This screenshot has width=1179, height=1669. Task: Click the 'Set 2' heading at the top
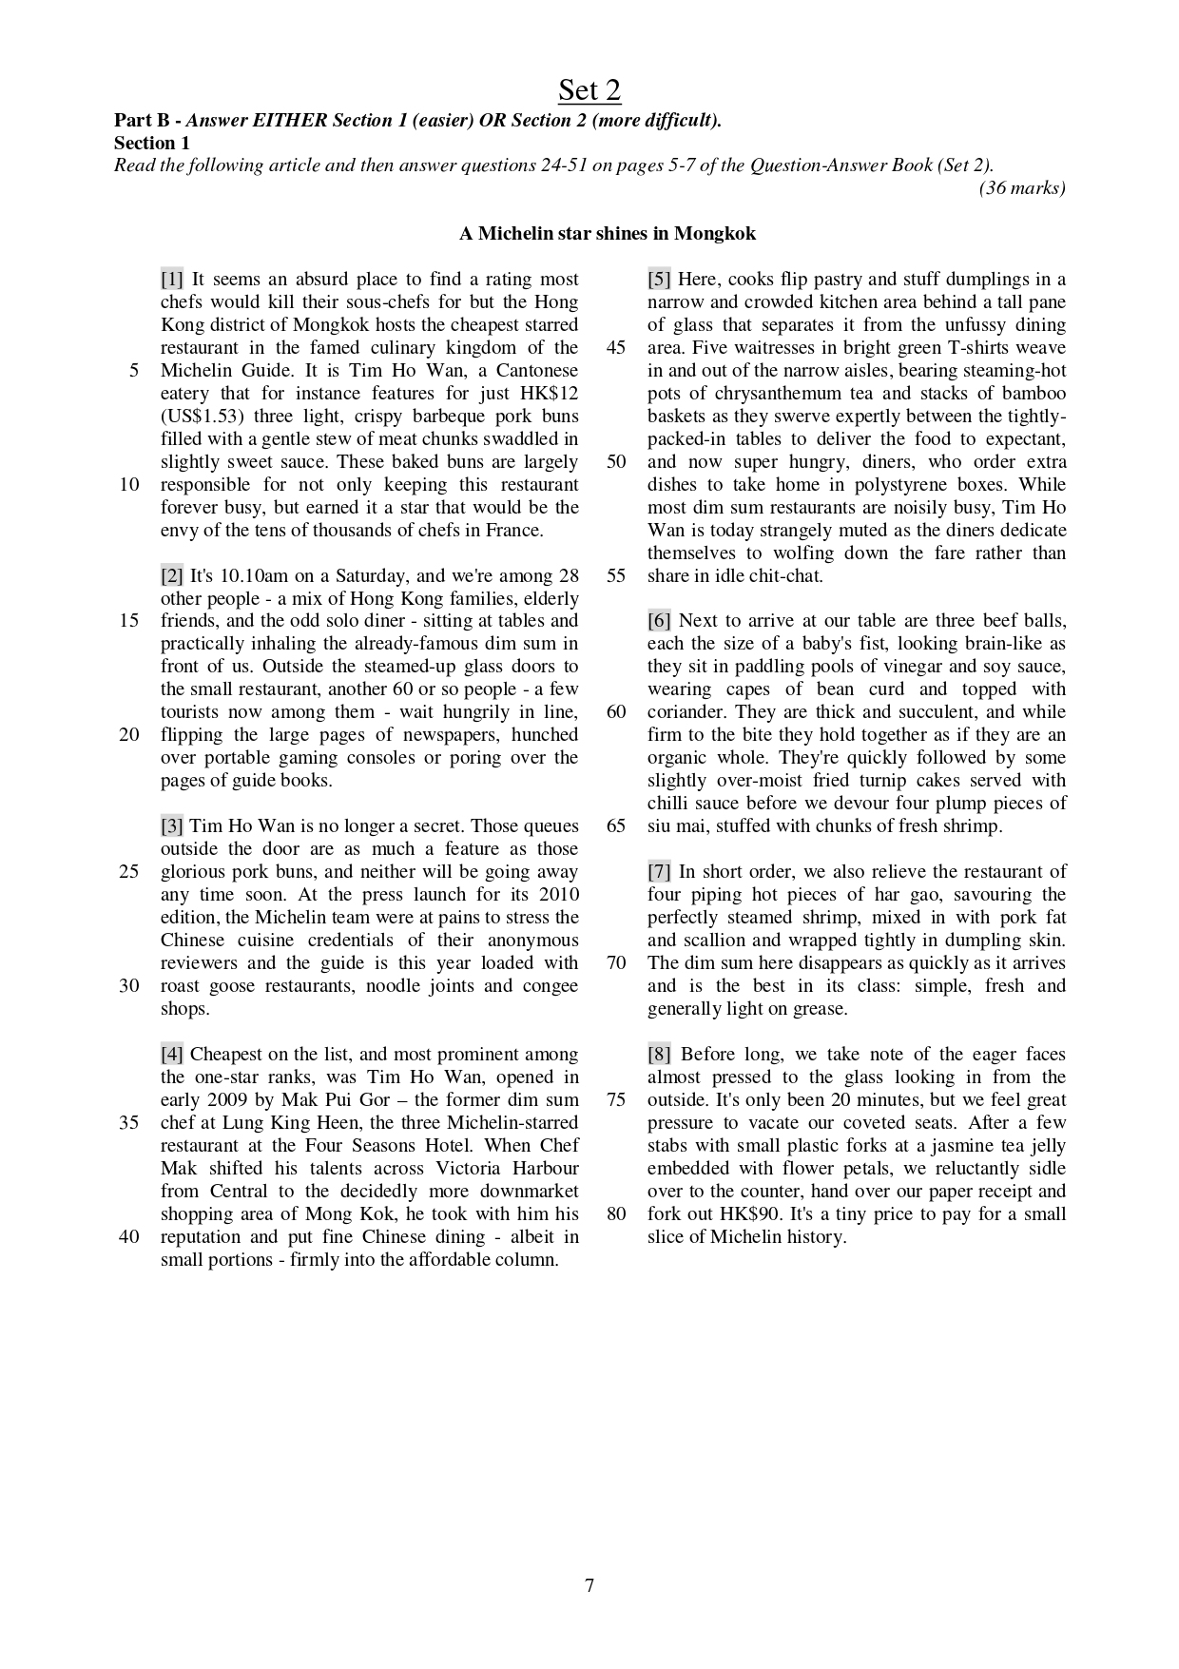589,90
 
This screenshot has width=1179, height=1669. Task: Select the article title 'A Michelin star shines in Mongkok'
608,234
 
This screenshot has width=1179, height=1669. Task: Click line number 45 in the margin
616,348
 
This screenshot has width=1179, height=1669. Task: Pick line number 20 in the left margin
129,735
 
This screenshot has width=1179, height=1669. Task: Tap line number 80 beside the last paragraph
616,1214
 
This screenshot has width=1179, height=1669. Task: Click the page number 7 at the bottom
589,1585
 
